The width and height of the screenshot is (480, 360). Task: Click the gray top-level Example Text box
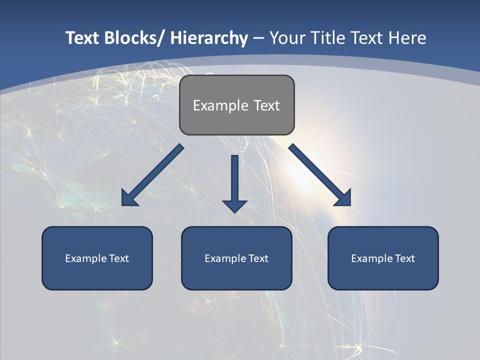[x=236, y=105]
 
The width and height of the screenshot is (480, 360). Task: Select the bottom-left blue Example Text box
[x=97, y=258]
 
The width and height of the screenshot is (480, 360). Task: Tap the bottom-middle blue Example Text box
[x=236, y=258]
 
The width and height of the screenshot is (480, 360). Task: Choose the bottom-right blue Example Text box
[x=383, y=258]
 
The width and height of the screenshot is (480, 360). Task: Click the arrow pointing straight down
[x=234, y=180]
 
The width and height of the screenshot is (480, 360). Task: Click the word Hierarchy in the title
[x=209, y=38]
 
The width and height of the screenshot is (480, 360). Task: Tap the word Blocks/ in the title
[x=134, y=38]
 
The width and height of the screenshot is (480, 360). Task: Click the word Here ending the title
[x=407, y=38]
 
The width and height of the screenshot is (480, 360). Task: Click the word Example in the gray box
[x=220, y=105]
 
